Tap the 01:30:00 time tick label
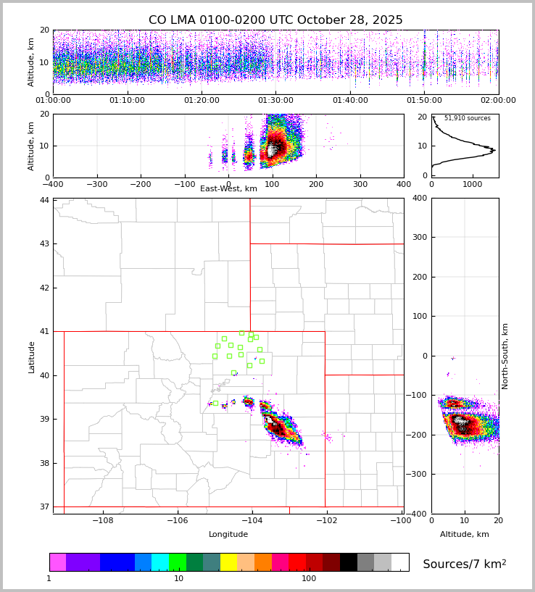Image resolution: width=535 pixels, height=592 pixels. (275, 101)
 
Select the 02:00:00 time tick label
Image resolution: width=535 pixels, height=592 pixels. (498, 101)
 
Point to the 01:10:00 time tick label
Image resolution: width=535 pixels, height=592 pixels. (128, 101)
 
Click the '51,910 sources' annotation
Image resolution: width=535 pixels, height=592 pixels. (467, 118)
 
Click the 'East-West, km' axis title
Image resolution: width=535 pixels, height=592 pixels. (228, 189)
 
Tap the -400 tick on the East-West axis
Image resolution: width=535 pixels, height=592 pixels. (53, 183)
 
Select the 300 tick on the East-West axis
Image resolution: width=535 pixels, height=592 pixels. (360, 183)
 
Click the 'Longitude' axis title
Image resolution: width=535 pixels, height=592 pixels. (228, 535)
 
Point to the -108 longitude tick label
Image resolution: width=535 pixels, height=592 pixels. (102, 520)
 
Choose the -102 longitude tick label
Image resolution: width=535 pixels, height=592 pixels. (326, 520)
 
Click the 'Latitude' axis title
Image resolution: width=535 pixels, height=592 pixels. (31, 357)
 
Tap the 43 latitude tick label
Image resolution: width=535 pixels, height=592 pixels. (45, 243)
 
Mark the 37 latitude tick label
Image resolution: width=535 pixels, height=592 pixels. (45, 507)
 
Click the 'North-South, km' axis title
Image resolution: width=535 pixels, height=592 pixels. (505, 356)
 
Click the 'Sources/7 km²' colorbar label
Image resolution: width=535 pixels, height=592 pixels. (464, 564)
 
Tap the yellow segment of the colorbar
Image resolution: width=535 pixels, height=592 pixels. (228, 562)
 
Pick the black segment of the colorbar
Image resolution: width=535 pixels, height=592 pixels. (349, 562)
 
